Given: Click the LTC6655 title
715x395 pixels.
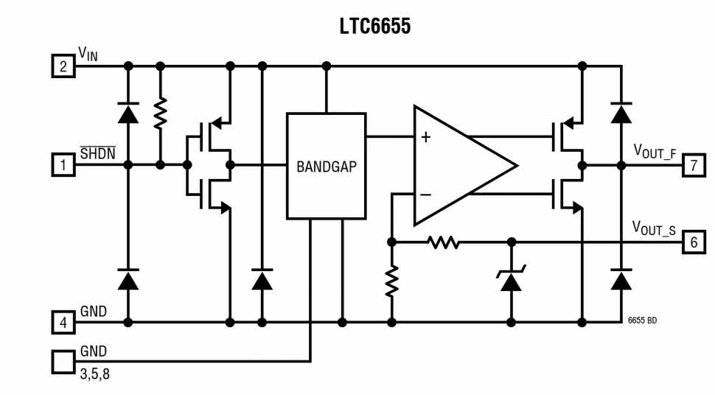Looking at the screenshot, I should [x=374, y=27].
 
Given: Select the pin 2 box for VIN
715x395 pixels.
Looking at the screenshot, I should [x=63, y=67].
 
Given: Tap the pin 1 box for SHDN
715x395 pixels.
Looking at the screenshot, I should [x=63, y=165].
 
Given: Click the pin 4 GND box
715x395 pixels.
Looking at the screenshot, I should [x=63, y=322].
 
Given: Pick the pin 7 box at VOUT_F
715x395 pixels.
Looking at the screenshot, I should [x=693, y=165].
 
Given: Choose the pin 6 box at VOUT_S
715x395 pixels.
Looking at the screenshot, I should [x=693, y=242].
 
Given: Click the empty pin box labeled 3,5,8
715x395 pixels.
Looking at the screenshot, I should [x=63, y=361].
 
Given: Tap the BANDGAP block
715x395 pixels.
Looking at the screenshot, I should [x=326, y=166].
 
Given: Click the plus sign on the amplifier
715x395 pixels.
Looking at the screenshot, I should [x=425, y=137].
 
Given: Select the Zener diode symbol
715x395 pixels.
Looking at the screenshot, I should [x=511, y=279].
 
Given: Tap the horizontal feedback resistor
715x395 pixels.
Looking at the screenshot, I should [x=444, y=242].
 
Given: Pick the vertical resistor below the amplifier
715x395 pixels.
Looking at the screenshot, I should [x=391, y=281].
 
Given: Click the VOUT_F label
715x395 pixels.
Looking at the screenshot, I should [x=655, y=151].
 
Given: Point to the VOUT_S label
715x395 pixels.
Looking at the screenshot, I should [x=655, y=228].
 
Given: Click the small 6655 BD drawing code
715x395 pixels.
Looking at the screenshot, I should [x=642, y=322].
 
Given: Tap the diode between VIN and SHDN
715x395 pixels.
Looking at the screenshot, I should [x=128, y=113].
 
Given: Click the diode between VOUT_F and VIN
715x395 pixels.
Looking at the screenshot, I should [x=621, y=113].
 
